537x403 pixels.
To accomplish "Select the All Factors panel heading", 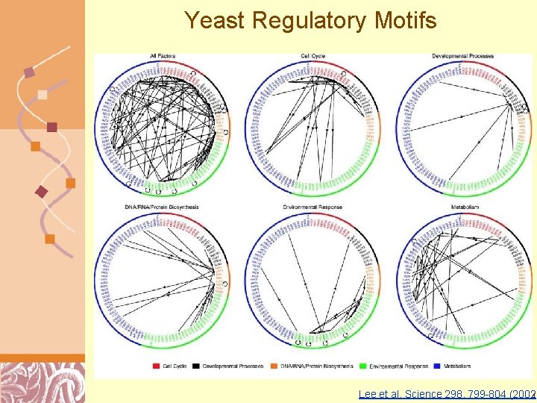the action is (x=163, y=56).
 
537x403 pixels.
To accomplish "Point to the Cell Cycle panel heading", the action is (x=313, y=56).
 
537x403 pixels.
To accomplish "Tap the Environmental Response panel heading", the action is (x=313, y=207).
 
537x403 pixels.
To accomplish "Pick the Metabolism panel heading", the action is (x=464, y=207).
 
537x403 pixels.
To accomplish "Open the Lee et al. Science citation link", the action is (x=447, y=393).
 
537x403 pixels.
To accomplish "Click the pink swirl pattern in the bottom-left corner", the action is (x=41, y=382).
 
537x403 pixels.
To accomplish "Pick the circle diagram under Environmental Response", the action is (x=313, y=278).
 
